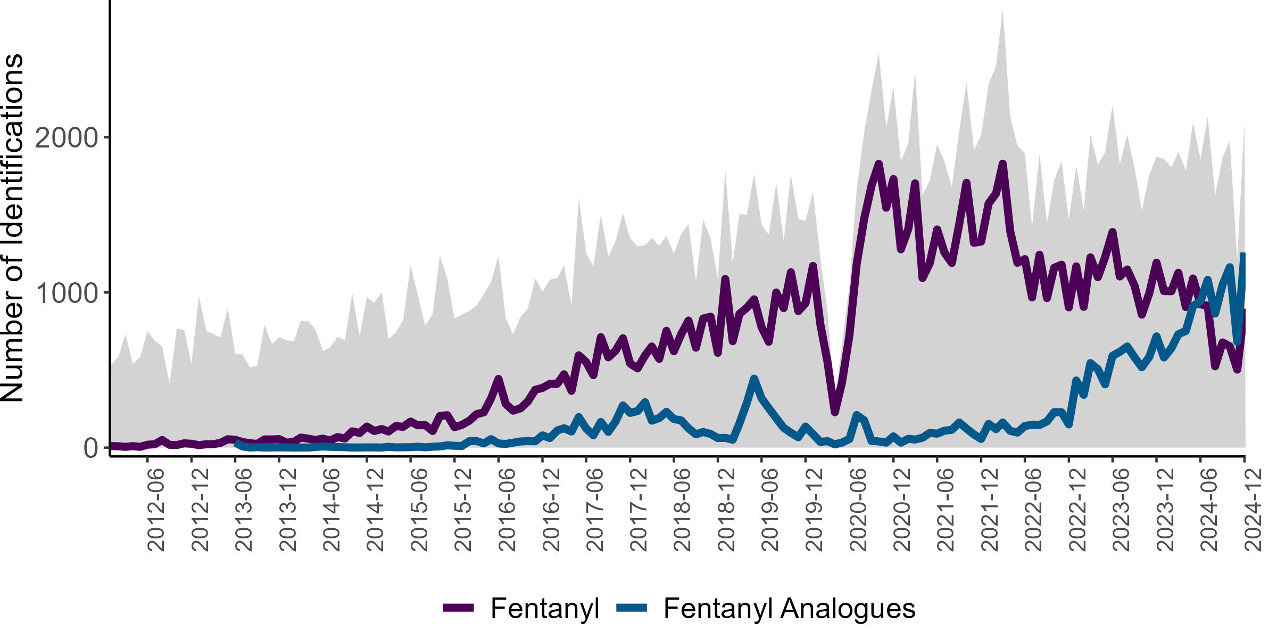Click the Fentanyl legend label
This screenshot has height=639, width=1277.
[x=545, y=608]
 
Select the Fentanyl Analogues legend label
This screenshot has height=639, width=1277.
[x=789, y=608]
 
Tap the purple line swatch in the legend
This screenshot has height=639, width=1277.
[x=459, y=608]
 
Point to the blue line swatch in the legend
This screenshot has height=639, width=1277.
[x=632, y=608]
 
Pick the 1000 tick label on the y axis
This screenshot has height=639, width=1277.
[x=67, y=293]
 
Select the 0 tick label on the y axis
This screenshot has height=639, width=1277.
[x=91, y=448]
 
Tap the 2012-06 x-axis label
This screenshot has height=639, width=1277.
[x=156, y=510]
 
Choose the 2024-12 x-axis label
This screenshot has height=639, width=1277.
[x=1253, y=510]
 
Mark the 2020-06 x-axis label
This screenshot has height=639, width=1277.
[x=858, y=510]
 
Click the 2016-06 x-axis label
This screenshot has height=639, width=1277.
[x=507, y=510]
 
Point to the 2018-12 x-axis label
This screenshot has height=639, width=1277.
[x=726, y=510]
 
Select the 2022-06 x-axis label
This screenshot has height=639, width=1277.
[x=1034, y=510]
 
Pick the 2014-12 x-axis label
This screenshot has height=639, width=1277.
[x=375, y=510]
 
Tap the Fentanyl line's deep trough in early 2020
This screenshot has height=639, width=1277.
[x=835, y=412]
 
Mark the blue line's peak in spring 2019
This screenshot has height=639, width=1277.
[x=753, y=379]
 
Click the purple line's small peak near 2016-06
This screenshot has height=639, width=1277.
[x=499, y=379]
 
